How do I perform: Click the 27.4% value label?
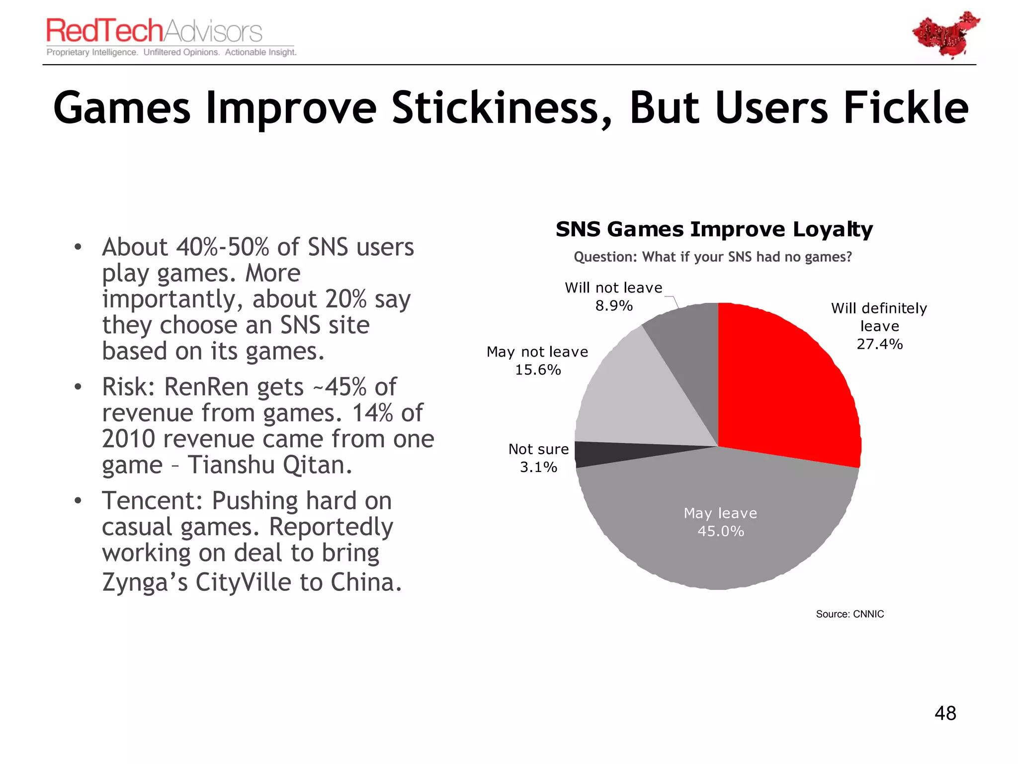coord(879,344)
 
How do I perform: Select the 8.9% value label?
coord(614,306)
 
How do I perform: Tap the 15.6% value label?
coord(538,370)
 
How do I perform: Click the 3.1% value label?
coord(538,468)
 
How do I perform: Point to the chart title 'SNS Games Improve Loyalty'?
coord(714,229)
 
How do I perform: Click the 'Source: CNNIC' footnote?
coord(849,614)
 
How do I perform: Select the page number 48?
coord(945,713)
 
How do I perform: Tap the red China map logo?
coord(945,35)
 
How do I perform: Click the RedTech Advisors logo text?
coord(154,31)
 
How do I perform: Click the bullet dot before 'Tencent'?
coord(78,500)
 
